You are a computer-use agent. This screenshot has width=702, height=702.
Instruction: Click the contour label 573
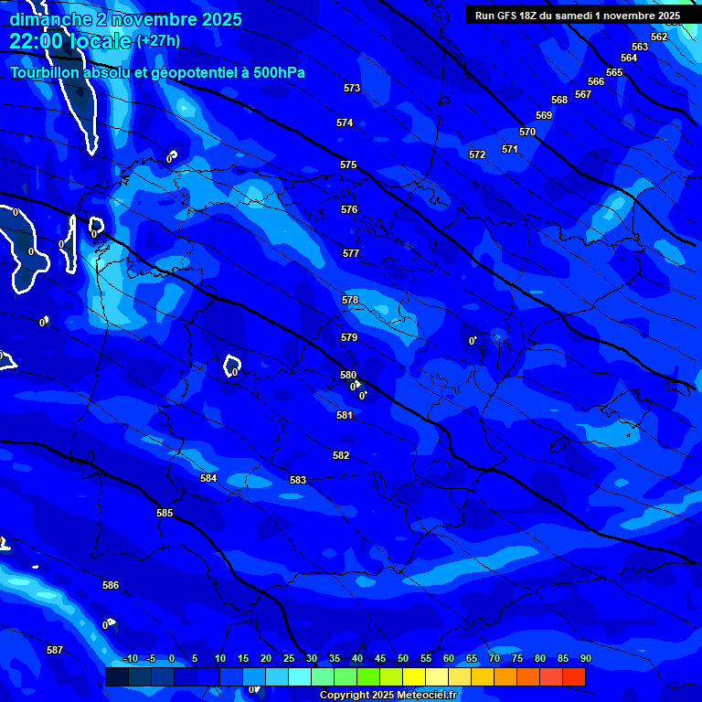[x=352, y=88]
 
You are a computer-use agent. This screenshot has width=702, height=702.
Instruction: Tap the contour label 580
[x=348, y=375]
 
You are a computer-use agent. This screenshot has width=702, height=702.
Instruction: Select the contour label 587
[x=55, y=650]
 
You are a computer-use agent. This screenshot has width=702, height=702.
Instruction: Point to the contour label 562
[x=659, y=37]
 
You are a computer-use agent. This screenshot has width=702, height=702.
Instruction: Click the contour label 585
[x=165, y=513]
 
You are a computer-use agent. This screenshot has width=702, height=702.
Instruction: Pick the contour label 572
[x=477, y=154]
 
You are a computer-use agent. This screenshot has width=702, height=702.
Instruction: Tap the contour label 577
[x=351, y=253]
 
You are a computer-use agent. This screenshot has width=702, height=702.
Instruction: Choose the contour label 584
[x=208, y=478]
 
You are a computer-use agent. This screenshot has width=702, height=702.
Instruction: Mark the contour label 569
[x=544, y=115]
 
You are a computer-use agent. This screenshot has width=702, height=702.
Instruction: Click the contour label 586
[x=111, y=585]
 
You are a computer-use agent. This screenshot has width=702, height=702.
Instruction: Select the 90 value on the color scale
[x=585, y=658]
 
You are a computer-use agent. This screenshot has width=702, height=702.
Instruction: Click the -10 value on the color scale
[x=130, y=658]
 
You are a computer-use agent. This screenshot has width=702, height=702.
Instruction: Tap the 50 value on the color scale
[x=403, y=658]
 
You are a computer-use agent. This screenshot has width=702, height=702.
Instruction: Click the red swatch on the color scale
[x=574, y=676]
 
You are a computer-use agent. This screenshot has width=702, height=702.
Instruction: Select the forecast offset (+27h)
[x=158, y=41]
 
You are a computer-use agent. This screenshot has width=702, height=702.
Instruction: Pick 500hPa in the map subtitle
[x=273, y=72]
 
